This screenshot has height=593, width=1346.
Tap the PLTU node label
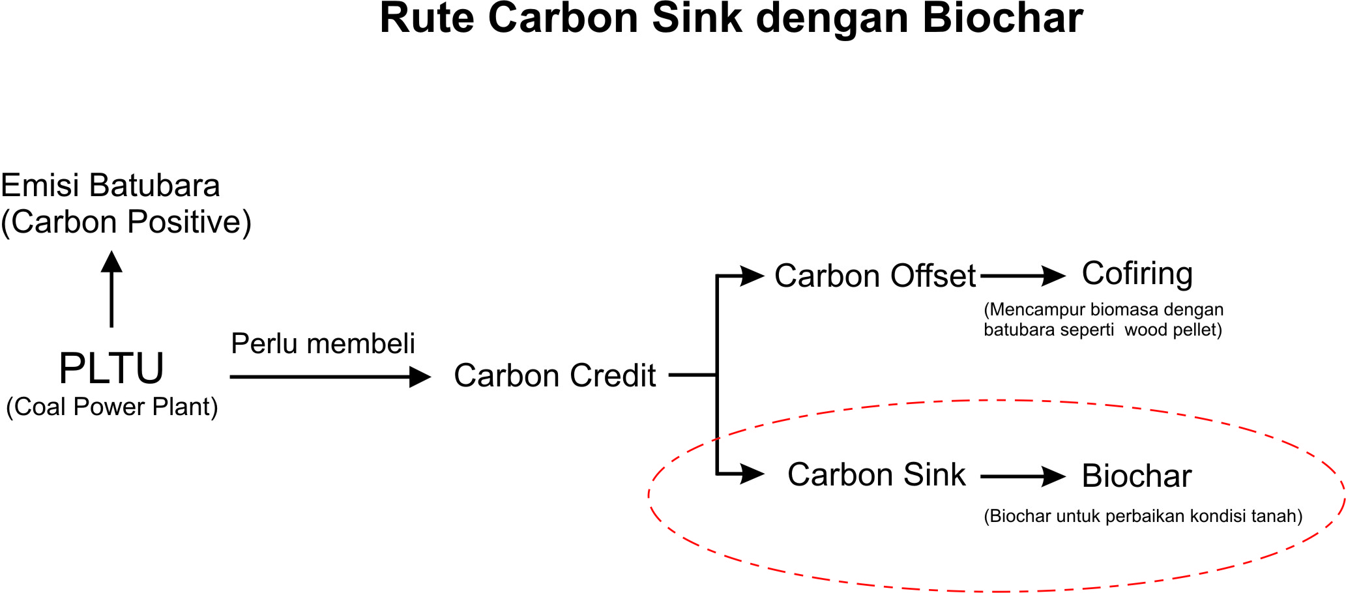[x=111, y=369]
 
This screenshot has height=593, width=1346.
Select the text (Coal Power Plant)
[x=112, y=407]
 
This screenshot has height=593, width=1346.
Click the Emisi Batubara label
[x=110, y=186]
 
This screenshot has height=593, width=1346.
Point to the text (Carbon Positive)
[x=126, y=222]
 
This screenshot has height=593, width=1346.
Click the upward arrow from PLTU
[x=111, y=289]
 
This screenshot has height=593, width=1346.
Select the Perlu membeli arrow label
[x=323, y=343]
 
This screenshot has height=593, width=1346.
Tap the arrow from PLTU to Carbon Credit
[x=330, y=377]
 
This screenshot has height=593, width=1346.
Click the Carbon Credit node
[x=555, y=376]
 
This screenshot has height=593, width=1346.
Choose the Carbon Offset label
[x=875, y=276]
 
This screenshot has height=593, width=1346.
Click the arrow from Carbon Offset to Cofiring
[x=1022, y=276]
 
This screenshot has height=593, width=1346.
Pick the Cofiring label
[x=1137, y=274]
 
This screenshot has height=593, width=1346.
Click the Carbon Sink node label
[x=876, y=475]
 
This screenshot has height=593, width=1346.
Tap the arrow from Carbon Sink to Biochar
[x=1022, y=476]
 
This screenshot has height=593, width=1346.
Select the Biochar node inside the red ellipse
[x=1137, y=476]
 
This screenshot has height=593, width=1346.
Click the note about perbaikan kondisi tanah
[x=1143, y=517]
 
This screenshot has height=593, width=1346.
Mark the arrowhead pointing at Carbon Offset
[x=752, y=276]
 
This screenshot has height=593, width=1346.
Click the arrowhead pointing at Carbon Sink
[x=752, y=474]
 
